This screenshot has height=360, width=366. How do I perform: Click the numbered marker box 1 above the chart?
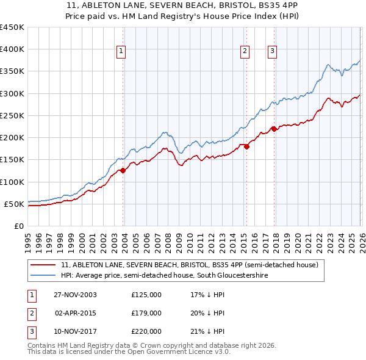click(x=122, y=51)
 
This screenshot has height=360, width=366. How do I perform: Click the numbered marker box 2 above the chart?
click(x=245, y=51)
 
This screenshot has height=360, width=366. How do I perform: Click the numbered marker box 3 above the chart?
click(x=272, y=51)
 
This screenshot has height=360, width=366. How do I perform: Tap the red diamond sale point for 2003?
click(x=123, y=171)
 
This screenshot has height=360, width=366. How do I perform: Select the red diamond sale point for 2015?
click(x=246, y=146)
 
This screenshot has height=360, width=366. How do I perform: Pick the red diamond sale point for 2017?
click(x=274, y=129)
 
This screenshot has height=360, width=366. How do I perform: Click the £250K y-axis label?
click(x=12, y=115)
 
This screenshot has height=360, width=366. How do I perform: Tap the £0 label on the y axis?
click(x=18, y=226)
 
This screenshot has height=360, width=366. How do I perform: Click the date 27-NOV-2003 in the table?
click(x=75, y=295)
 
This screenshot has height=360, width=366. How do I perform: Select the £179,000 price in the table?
click(x=146, y=313)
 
